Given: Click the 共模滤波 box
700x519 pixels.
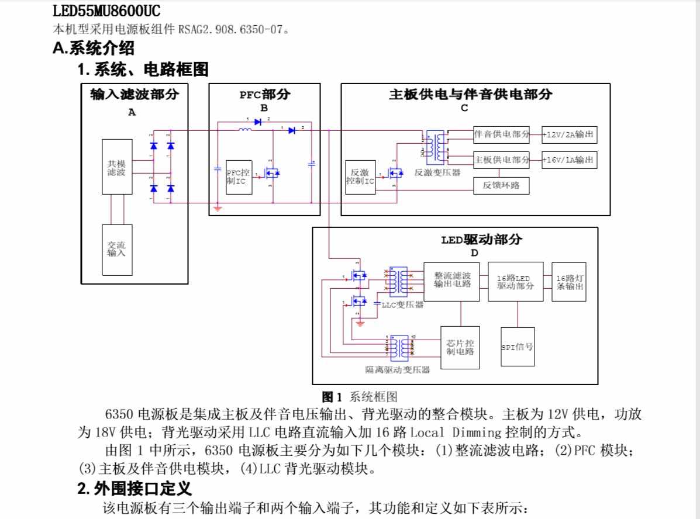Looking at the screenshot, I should coord(116,167).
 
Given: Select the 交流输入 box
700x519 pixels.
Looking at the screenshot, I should coord(116,250).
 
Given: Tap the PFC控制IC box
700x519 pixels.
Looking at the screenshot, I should coord(239,177).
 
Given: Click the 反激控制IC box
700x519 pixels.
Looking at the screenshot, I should coord(360,177).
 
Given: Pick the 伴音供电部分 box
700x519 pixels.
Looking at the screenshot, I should coord(501,134).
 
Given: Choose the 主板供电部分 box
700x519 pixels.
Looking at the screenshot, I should coord(501,160).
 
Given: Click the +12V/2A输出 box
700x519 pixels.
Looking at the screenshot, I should coord(569,135).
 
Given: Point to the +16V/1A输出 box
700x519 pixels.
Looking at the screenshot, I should coord(569,160).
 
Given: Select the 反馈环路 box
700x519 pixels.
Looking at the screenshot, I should coord(501,186).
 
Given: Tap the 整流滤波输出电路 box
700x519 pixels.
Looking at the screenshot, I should coord(451,281).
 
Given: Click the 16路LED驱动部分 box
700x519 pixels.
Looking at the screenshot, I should coord(515,281).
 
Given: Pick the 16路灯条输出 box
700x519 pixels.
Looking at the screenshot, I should coord(568,282).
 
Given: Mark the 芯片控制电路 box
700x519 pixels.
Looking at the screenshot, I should coord(460,347).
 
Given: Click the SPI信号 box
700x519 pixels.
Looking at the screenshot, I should coord(517,347).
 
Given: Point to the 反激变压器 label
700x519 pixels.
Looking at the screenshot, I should coord(437,173).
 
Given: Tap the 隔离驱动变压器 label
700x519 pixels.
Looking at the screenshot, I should coord(398,370).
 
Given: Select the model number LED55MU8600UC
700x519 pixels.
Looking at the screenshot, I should coord(106,11).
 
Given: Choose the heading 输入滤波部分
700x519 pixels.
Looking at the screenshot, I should coord(135,94).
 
